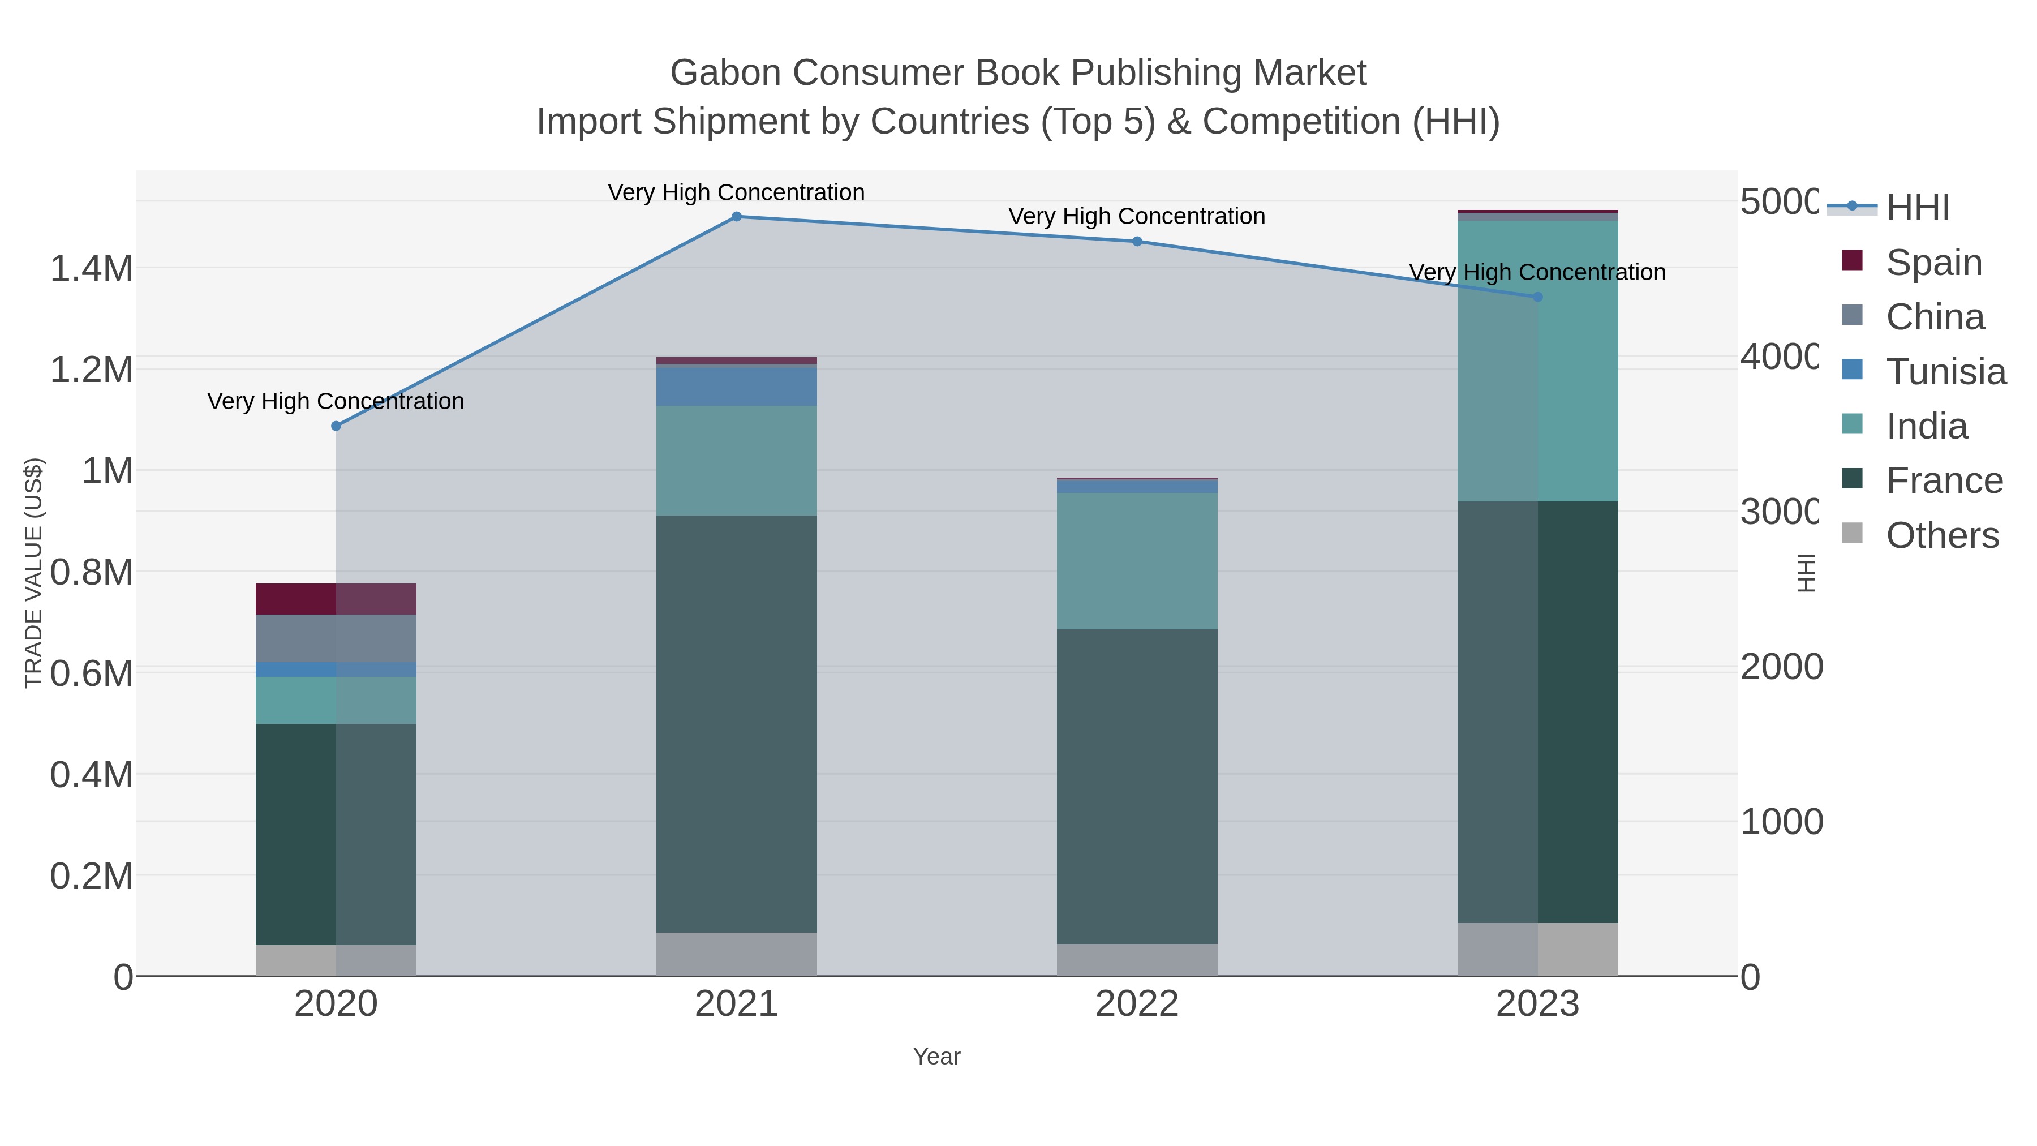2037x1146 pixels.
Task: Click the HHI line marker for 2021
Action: click(736, 217)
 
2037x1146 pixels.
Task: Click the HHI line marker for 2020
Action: click(336, 426)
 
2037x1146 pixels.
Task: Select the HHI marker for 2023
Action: click(1537, 297)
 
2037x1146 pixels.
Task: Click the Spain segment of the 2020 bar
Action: click(336, 599)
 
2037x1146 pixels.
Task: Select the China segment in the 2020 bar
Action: click(336, 638)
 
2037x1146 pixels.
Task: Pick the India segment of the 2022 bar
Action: click(1137, 561)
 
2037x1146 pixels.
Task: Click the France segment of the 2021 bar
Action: click(736, 724)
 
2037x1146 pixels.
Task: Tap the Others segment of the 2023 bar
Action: click(1537, 949)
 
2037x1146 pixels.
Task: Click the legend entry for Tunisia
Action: click(1945, 372)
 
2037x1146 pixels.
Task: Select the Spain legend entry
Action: click(1933, 263)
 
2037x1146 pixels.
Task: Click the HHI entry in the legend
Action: click(1917, 208)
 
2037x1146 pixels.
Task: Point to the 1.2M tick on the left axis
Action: click(91, 370)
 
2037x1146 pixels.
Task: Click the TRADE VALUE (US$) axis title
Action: click(33, 573)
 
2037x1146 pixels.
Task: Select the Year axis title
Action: click(936, 1057)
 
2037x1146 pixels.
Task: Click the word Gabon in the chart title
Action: click(725, 73)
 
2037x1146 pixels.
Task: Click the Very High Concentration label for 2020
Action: click(336, 402)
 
